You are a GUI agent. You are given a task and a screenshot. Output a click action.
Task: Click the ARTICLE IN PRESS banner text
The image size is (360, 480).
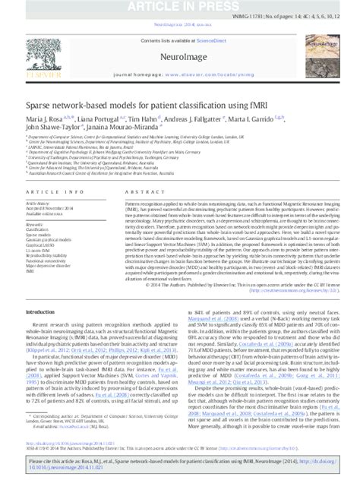coord(179,8)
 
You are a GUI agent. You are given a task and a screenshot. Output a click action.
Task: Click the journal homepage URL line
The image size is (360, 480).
coord(179,76)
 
